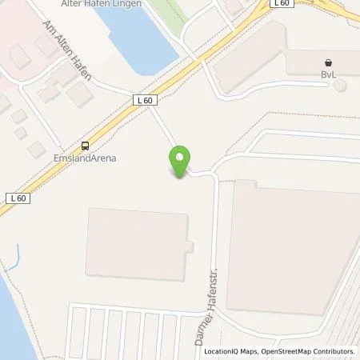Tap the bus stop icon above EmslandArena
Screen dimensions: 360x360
point(85,146)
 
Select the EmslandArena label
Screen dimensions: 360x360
point(86,158)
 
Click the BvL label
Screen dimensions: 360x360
point(329,74)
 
